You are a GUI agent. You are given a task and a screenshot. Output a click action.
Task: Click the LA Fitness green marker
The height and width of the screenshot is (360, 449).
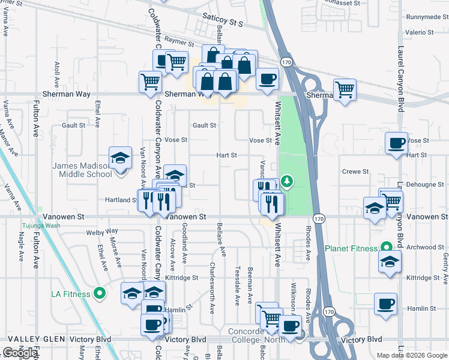(x=100, y=294)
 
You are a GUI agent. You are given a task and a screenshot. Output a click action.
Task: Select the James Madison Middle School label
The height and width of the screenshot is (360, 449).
(x=82, y=170)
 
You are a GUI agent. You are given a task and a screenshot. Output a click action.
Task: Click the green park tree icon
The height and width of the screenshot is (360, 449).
(x=288, y=181)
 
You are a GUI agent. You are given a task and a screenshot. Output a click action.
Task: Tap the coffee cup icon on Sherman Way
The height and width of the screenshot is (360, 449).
(x=267, y=79)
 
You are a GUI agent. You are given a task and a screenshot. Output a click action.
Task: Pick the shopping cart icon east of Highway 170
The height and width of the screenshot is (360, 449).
(x=345, y=91)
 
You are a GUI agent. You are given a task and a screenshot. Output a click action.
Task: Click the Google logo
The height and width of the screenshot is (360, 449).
(x=20, y=353)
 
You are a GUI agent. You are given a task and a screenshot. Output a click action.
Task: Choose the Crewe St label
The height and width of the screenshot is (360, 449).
(x=355, y=172)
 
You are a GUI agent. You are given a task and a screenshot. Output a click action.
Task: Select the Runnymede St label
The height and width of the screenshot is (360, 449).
(x=423, y=17)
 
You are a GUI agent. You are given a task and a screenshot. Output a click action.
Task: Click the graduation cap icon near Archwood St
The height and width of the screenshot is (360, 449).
(x=390, y=262)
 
